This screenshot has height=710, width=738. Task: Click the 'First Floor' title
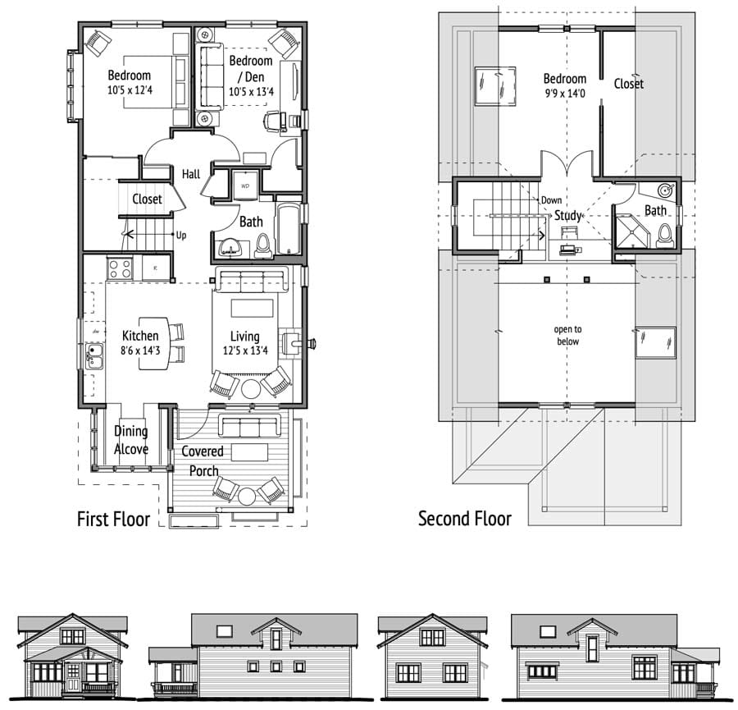(113, 520)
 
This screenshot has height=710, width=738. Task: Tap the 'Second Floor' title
(465, 519)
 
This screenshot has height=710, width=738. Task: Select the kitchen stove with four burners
(120, 268)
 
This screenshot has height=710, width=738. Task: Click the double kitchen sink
(95, 355)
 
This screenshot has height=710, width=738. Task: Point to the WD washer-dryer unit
(245, 186)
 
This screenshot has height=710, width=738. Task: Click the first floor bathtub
(289, 230)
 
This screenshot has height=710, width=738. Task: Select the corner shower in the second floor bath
(631, 231)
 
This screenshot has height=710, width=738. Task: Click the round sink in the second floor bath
(665, 190)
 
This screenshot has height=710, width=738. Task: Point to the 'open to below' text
(567, 336)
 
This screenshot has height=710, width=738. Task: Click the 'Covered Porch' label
(203, 460)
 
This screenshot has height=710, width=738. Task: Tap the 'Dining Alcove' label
(131, 440)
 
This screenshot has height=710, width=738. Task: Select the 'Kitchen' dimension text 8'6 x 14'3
(140, 350)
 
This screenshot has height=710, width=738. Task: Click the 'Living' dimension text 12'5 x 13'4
(245, 350)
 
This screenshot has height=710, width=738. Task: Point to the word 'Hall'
(191, 174)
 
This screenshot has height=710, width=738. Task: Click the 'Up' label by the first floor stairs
(181, 235)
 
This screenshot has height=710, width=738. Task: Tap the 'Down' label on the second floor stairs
(551, 200)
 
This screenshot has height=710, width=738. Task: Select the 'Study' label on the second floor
(567, 215)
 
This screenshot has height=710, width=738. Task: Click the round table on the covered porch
(246, 496)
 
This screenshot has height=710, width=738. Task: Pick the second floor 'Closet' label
(628, 84)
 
